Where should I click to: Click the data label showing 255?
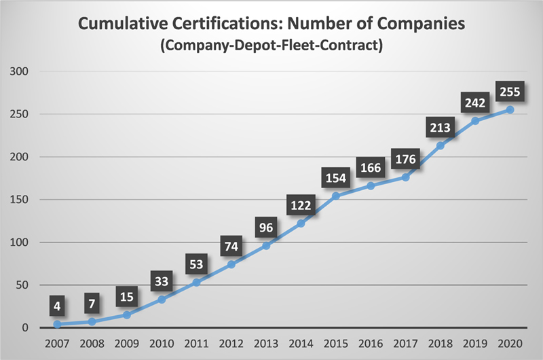[x=510, y=91]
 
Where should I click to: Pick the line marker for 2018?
[x=439, y=145]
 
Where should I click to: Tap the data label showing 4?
[x=57, y=307]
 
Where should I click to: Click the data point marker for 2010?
[x=162, y=300]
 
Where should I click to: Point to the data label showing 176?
[x=405, y=160]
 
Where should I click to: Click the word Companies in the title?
[x=419, y=24]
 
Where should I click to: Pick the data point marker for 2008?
[x=92, y=321]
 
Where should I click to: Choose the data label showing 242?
[x=474, y=103]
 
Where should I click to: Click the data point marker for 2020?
[x=510, y=109]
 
